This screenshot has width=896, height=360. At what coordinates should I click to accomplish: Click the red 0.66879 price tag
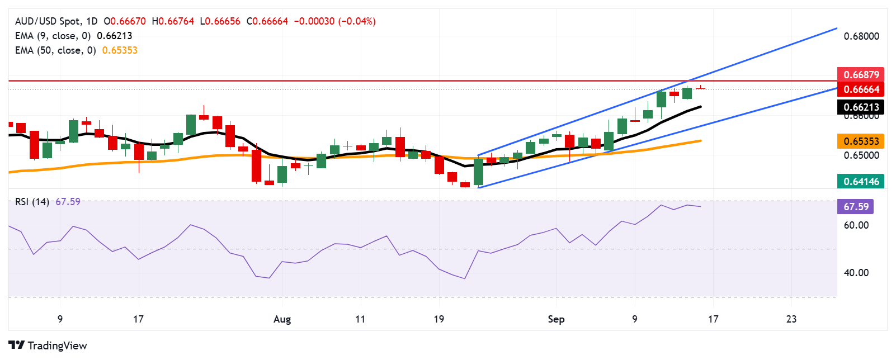(x=861, y=74)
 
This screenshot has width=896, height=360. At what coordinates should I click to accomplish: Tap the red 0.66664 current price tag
(x=861, y=89)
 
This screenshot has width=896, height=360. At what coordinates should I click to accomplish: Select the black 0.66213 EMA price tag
(x=861, y=107)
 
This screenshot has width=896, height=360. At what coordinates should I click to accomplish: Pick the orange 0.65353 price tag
(x=861, y=141)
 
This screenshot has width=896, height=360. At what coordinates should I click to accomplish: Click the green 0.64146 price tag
(x=861, y=181)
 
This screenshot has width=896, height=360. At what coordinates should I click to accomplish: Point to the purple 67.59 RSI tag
(x=856, y=207)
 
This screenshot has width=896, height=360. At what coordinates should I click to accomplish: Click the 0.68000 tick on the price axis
(x=861, y=36)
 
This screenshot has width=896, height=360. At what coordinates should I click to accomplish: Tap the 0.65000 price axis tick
(x=861, y=155)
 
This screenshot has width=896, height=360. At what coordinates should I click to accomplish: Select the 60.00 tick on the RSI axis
(x=856, y=225)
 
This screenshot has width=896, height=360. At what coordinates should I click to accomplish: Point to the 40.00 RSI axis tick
(x=856, y=273)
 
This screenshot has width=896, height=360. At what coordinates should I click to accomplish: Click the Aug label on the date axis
(x=282, y=319)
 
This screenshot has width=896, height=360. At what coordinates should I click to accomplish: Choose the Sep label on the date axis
(x=556, y=319)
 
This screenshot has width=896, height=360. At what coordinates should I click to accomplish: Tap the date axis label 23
(x=791, y=319)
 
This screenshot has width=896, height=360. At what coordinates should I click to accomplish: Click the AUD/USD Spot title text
(x=48, y=21)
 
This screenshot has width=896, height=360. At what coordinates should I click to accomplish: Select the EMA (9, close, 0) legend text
(x=53, y=36)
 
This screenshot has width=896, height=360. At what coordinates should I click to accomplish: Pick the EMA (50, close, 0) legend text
(x=55, y=50)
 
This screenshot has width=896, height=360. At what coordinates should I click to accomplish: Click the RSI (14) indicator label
(x=32, y=202)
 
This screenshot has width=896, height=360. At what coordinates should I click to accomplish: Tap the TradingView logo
(x=48, y=345)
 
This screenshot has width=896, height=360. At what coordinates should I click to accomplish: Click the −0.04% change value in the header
(x=357, y=21)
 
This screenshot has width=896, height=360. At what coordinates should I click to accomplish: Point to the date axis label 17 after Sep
(x=713, y=319)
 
